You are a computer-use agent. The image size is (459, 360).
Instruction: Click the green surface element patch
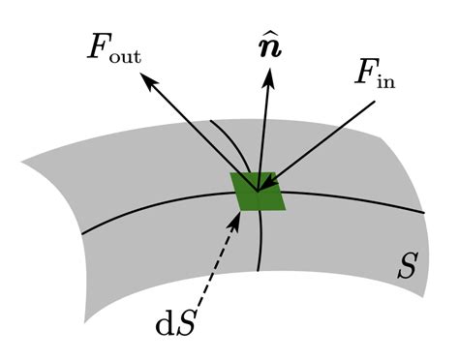tap(257, 191)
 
